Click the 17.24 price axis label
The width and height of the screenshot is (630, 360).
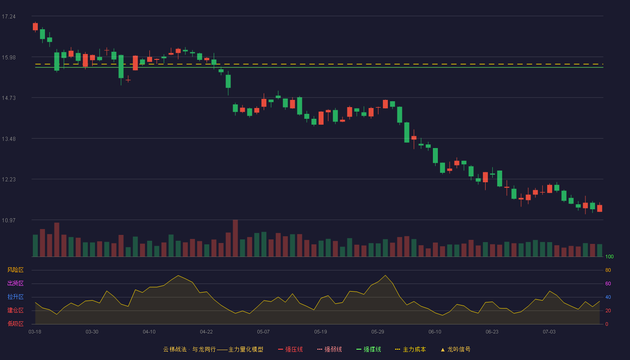click(x=9, y=17)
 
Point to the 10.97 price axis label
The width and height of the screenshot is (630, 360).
click(x=9, y=220)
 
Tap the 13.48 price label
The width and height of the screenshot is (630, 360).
click(x=9, y=139)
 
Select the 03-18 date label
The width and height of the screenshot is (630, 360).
click(x=35, y=332)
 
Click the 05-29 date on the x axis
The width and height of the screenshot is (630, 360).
click(x=378, y=332)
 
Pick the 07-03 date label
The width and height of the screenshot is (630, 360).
click(x=549, y=332)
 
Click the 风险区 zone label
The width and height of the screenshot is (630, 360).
click(x=15, y=270)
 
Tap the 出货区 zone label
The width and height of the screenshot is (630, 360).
click(x=15, y=283)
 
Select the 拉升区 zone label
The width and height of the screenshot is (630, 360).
click(x=15, y=297)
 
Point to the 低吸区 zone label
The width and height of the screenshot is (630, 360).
click(x=15, y=324)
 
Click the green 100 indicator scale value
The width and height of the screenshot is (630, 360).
click(x=609, y=256)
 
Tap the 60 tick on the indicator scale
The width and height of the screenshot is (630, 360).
click(x=608, y=283)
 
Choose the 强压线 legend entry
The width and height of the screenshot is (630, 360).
click(x=290, y=349)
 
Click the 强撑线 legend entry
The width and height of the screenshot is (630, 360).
click(x=369, y=349)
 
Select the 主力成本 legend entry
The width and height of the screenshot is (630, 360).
click(x=410, y=349)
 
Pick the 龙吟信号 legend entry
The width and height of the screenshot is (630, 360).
click(x=455, y=349)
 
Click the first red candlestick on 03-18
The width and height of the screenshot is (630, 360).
click(x=35, y=27)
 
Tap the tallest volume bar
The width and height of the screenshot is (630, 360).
click(x=235, y=238)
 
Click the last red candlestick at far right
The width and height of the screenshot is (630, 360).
click(x=599, y=208)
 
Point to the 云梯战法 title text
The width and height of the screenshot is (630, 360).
click(x=175, y=349)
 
